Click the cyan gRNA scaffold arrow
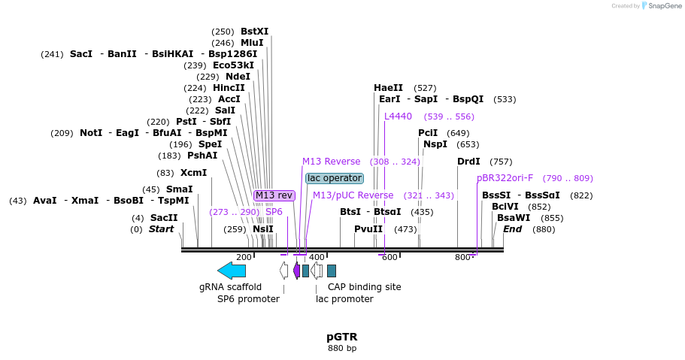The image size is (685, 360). click(x=231, y=271)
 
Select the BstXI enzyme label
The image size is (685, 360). click(x=254, y=32)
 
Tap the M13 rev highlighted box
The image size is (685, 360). click(x=274, y=195)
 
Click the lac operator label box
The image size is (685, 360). click(x=334, y=178)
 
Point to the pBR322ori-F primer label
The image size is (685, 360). click(x=505, y=178)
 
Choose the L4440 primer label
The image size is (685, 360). click(x=398, y=116)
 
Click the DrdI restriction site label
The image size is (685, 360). click(x=468, y=162)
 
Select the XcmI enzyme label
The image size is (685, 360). click(x=193, y=173)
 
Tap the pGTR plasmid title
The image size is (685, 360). click(x=342, y=337)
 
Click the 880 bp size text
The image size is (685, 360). click(x=342, y=349)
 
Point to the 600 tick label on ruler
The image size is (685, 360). click(x=389, y=258)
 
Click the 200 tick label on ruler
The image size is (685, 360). click(x=244, y=258)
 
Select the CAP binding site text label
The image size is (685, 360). click(x=364, y=287)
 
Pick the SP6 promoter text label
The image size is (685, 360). click(x=248, y=299)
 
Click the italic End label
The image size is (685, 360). click(x=512, y=229)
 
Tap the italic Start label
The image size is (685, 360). click(x=161, y=229)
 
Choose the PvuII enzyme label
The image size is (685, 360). click(x=368, y=229)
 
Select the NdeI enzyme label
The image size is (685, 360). click(x=238, y=77)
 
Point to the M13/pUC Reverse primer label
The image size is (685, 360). click(x=353, y=195)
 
